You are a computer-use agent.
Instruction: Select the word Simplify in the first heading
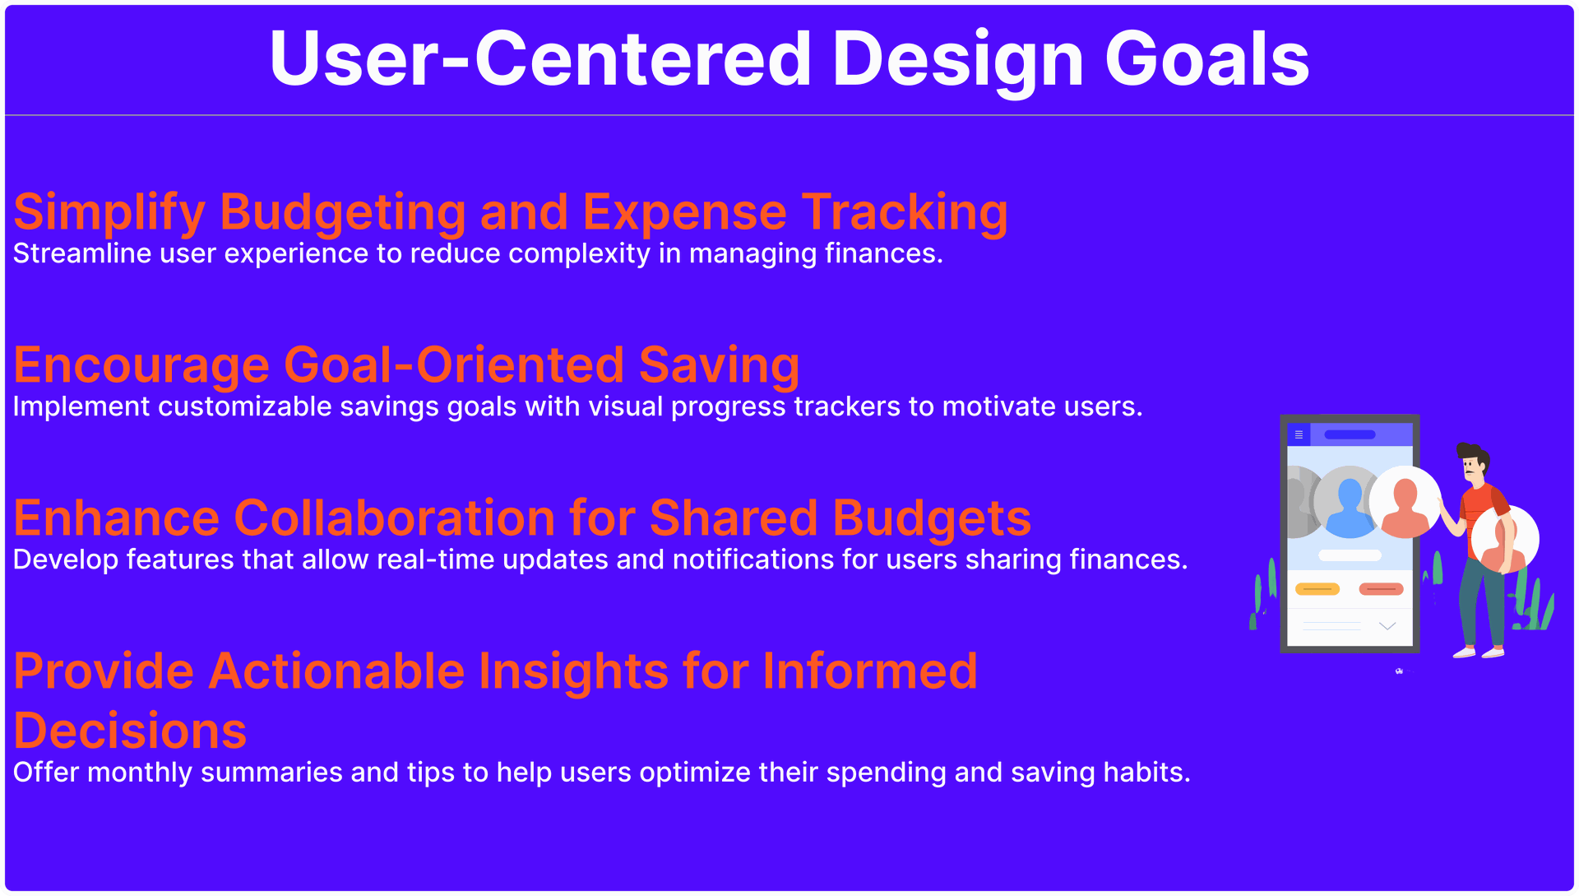coord(109,213)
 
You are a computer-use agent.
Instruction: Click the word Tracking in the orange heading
coord(905,213)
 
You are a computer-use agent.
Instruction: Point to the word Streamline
coord(82,253)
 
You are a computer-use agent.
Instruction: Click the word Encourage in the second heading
coord(141,365)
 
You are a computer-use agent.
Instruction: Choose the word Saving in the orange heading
coord(719,365)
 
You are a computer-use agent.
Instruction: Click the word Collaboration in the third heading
coord(395,518)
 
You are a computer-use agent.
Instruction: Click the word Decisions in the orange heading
coord(130,731)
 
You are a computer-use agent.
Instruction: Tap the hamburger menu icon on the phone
coord(1299,434)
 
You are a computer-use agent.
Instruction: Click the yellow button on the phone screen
coord(1317,589)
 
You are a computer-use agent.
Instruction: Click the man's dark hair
coord(1472,453)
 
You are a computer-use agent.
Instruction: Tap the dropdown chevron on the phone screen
coord(1387,626)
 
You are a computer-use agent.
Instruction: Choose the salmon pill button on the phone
coord(1382,589)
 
